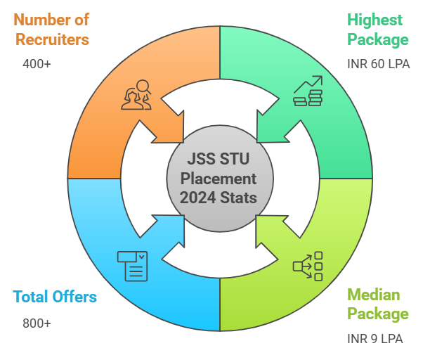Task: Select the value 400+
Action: [37, 64]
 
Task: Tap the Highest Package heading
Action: [377, 28]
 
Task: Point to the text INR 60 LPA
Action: [378, 63]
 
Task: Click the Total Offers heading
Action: [54, 297]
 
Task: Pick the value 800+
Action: [37, 323]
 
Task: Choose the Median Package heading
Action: [377, 304]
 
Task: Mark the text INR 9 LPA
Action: [375, 338]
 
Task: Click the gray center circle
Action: [219, 179]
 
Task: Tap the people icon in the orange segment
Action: [137, 95]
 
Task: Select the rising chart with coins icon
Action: [307, 92]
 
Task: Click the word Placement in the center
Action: [219, 179]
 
